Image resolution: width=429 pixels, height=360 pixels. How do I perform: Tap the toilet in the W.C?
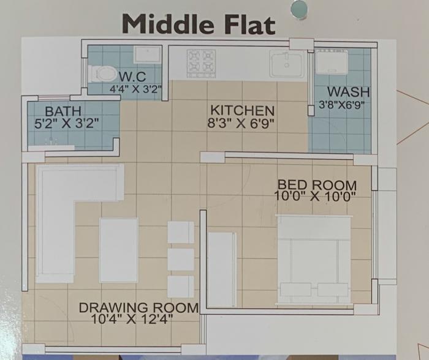(x=102, y=73)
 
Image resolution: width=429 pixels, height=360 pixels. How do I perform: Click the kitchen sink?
(x=287, y=63)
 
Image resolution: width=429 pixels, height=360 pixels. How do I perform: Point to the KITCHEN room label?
(x=242, y=111)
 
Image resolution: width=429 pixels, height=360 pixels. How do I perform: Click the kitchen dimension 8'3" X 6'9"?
(x=241, y=122)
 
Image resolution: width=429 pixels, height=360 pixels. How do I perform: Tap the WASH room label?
(x=344, y=92)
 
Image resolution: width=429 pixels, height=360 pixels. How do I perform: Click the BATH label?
(x=62, y=111)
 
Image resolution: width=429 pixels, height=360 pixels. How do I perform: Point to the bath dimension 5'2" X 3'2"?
(x=67, y=122)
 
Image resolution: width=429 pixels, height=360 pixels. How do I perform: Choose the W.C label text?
(x=132, y=77)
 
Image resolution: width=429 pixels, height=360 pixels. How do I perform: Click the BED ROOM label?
(x=317, y=184)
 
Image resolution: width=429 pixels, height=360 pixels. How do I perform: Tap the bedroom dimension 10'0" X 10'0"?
(x=316, y=195)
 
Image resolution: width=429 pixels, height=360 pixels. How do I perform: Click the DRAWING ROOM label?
(x=139, y=307)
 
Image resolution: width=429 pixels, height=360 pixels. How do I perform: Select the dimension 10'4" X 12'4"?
(x=132, y=318)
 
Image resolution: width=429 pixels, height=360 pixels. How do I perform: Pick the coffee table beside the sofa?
(x=119, y=249)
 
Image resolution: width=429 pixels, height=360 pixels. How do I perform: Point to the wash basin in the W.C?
(x=148, y=54)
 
